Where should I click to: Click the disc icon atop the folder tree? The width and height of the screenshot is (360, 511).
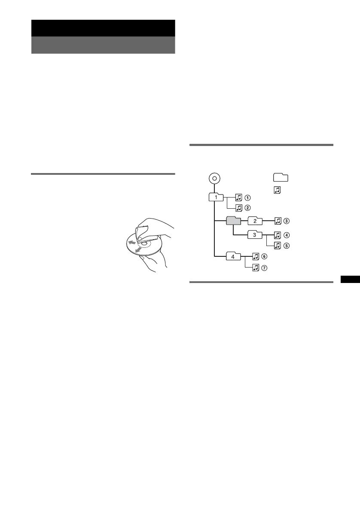[x=214, y=177]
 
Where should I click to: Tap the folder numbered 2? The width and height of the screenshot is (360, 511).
[x=255, y=221]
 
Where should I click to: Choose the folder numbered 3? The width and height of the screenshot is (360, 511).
[x=255, y=235]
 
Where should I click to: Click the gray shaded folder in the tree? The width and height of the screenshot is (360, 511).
[x=234, y=221]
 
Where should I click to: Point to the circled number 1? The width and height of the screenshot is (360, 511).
[x=248, y=198]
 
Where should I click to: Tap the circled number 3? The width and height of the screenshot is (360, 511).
[x=287, y=221]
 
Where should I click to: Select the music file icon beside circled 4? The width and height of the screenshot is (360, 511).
[x=278, y=235]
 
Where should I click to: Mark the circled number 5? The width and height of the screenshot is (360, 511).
[x=287, y=245]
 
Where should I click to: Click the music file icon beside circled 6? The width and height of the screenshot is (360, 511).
[x=256, y=257]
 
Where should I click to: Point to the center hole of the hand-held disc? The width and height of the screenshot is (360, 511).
[x=144, y=243]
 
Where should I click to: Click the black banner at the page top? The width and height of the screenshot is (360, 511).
[x=103, y=28]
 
